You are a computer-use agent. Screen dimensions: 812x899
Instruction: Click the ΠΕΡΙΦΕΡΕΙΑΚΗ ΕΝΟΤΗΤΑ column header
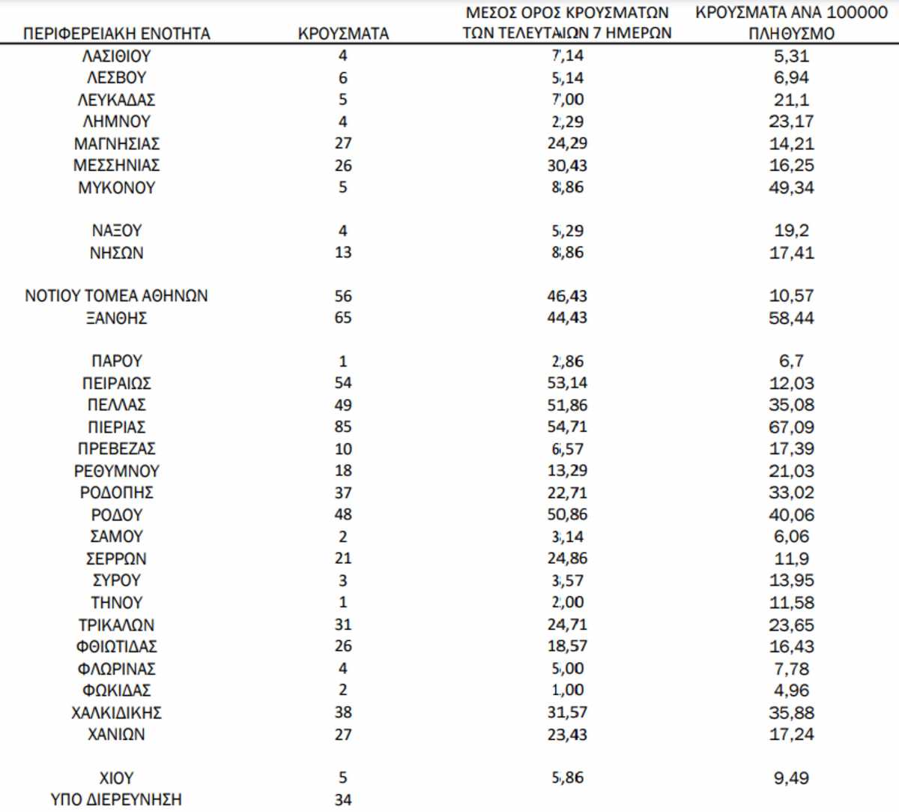coord(117,34)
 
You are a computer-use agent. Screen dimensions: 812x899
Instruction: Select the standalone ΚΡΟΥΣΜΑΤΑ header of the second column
coord(343,34)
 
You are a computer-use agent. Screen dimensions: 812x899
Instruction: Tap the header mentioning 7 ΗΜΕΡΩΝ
coord(566,23)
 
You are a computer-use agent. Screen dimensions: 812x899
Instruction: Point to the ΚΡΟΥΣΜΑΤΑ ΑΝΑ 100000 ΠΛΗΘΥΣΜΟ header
coord(791,23)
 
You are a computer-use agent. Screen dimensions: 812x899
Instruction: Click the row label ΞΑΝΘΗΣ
coord(117,318)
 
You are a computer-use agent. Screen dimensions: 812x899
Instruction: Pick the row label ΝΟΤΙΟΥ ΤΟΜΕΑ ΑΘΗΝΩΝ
coord(117,296)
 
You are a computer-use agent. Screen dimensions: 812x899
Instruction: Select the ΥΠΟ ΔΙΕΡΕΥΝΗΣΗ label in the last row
coord(117,799)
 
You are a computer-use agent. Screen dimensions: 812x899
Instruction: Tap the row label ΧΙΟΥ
coord(117,778)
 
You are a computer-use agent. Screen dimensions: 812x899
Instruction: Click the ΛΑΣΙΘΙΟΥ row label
coord(117,56)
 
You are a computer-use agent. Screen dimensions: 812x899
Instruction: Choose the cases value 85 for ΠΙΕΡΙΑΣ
coord(343,427)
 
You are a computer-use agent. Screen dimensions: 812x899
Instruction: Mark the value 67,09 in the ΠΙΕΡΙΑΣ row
coord(791,427)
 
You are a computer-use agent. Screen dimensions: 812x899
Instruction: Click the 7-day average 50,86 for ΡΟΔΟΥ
coord(567,514)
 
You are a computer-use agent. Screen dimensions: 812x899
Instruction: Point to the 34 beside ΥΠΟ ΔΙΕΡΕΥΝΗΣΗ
coord(343,799)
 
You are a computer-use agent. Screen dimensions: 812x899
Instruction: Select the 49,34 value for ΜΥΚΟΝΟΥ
coord(791,187)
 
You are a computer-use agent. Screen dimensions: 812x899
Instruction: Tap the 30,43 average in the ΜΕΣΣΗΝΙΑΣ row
coord(567,166)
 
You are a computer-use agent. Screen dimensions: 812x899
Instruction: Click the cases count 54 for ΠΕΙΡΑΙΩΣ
coord(343,383)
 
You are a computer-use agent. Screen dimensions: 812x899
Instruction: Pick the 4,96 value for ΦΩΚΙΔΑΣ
coord(791,690)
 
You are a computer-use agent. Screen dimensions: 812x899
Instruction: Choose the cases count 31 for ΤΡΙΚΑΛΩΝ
coord(343,625)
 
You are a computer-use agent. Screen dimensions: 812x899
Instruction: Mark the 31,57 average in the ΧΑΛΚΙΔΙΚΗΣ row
coord(567,712)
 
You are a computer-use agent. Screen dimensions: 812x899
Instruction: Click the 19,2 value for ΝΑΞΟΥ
coord(791,231)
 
